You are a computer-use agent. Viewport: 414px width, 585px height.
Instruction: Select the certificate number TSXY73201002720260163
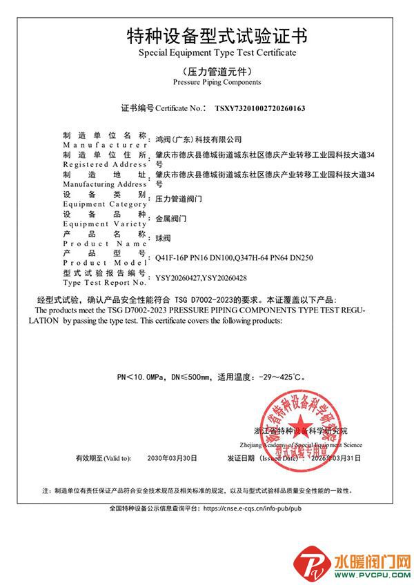(x=260, y=108)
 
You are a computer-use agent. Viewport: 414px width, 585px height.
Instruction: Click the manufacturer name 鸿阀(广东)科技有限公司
(x=199, y=139)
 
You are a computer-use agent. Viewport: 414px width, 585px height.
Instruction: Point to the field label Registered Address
(x=104, y=166)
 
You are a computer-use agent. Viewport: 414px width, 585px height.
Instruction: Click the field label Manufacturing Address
(x=104, y=185)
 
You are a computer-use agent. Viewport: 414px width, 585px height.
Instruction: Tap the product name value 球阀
(x=163, y=237)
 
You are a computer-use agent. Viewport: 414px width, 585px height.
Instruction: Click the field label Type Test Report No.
(x=104, y=283)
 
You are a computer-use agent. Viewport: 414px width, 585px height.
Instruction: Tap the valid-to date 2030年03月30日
(x=172, y=457)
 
